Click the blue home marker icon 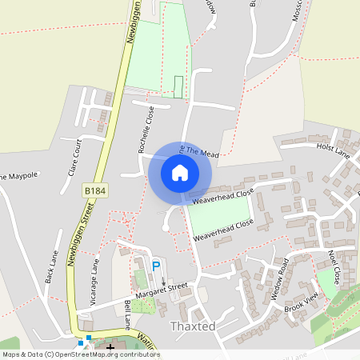point(180,171)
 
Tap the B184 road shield point(94,191)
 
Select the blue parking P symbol point(156,266)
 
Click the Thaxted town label point(194,326)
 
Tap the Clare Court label point(74,157)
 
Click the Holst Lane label point(333,149)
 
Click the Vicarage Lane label point(94,282)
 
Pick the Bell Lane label point(126,315)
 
